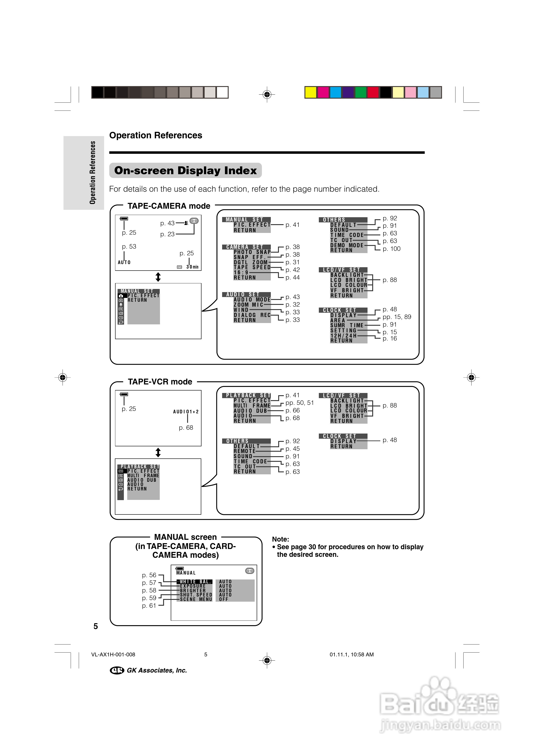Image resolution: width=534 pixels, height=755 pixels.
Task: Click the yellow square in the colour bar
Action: point(311,92)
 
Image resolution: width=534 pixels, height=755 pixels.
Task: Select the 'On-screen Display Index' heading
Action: point(185,171)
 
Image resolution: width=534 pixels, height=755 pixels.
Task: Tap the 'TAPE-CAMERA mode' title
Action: point(169,206)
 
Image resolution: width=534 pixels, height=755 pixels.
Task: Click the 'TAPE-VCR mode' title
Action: point(160,382)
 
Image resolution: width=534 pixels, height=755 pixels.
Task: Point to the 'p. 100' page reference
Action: point(392,249)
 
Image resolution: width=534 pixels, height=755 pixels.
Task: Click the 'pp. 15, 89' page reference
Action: point(397,317)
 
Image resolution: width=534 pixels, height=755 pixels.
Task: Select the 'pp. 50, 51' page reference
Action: point(300,403)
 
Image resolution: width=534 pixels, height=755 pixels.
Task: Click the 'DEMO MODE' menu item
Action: point(347,245)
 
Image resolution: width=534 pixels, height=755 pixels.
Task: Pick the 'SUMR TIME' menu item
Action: point(347,325)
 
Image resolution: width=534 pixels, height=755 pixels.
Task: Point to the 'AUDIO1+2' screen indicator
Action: point(186,412)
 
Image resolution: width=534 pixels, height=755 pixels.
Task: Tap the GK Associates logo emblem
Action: point(117,670)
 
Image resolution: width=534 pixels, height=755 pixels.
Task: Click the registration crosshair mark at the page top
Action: point(267,95)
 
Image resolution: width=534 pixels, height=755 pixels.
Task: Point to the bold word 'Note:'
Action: point(280,539)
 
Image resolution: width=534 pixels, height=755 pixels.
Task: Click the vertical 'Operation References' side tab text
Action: point(92,173)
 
